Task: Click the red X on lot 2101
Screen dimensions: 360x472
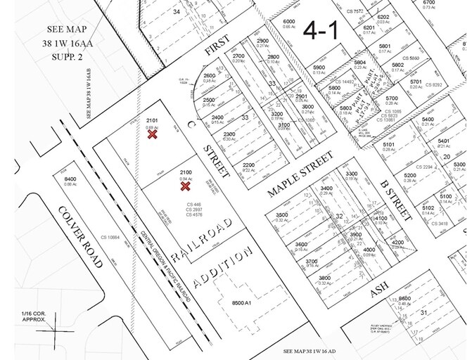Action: point(152,134)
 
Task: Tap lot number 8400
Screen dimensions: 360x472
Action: point(70,179)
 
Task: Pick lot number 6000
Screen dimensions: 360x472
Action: point(288,22)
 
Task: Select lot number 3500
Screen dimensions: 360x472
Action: point(283,214)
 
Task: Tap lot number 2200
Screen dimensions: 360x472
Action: point(248,165)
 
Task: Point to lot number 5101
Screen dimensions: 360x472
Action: point(389,144)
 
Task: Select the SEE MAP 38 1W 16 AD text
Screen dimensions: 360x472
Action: point(317,349)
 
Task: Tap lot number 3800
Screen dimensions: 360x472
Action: point(324,278)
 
